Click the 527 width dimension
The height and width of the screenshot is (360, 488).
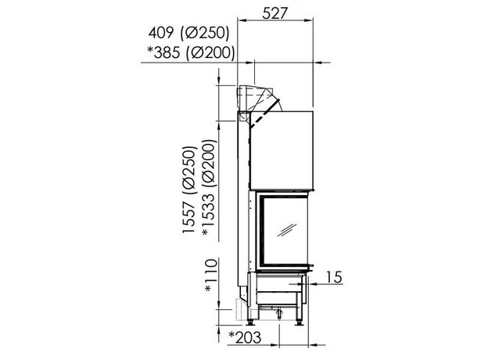tap(275, 13)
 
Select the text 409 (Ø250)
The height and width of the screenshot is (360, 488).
tap(188, 33)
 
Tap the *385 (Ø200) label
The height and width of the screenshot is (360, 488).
tap(191, 52)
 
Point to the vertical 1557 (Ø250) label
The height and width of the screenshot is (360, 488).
tap(189, 189)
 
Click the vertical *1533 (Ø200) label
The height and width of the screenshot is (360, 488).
tap(209, 188)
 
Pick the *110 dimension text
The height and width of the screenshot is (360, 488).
tap(210, 275)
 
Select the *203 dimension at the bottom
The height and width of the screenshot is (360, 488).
tap(245, 337)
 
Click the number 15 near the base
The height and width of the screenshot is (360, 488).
tap(334, 277)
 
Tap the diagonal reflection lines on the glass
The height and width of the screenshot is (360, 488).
tap(287, 229)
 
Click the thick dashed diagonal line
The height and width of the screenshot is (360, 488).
tap(265, 113)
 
